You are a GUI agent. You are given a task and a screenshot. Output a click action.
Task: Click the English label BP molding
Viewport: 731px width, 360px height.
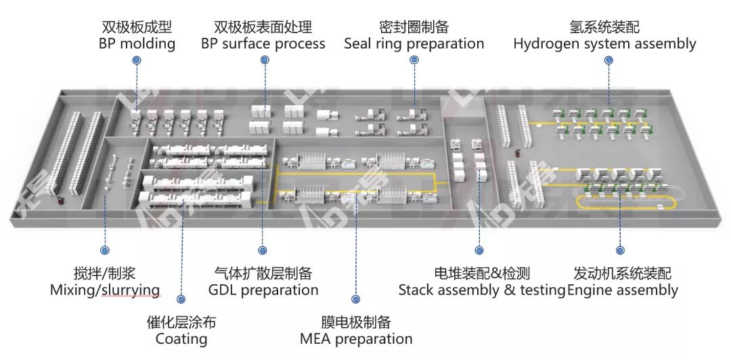coord(137,44)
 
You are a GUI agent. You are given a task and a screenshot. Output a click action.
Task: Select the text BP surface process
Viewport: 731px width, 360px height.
coord(263,44)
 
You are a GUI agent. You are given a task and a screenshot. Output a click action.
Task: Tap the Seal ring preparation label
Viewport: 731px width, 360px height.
coord(414,44)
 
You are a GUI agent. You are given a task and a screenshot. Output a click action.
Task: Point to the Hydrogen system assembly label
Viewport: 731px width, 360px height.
coord(604,44)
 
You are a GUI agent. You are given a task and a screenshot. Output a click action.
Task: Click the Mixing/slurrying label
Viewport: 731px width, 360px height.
coord(105,290)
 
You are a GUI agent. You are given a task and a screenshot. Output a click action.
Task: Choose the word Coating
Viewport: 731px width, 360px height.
coord(181,339)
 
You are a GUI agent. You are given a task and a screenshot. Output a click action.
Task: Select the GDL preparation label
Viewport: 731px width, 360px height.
coord(263,290)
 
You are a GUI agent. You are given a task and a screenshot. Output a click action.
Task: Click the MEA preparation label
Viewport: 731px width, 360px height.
coord(356,339)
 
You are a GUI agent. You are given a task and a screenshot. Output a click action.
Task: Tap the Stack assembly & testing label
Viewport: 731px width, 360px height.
coord(481,290)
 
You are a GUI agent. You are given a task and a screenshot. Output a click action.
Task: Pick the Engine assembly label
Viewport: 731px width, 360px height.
coord(622,290)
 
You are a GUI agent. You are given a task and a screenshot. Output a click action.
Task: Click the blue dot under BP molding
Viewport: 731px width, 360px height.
coord(137,60)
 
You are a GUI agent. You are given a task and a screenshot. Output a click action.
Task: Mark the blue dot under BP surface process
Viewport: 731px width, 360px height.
coord(264,60)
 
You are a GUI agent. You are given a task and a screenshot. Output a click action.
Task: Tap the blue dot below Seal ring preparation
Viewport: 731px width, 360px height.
coord(414,60)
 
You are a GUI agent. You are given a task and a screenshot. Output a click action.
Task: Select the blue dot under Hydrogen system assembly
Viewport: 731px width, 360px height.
coord(608,60)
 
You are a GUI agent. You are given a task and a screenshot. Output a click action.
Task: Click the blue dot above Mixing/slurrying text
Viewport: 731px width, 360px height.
coord(105,250)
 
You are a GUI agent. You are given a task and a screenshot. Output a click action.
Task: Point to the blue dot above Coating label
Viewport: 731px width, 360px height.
coord(181,298)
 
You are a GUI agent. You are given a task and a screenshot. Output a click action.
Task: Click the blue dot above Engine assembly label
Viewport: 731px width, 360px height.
coord(621,250)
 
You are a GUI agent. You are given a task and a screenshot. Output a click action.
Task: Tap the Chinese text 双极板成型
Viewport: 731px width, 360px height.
coord(137,28)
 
